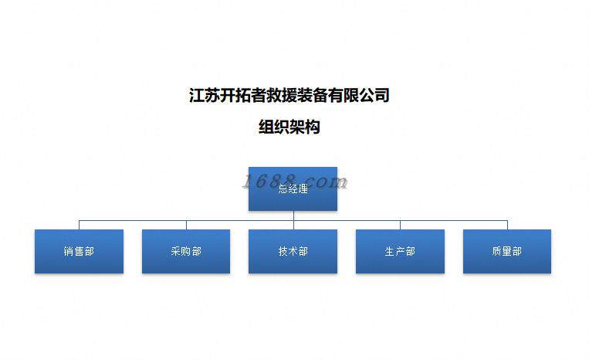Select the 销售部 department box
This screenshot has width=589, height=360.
click(x=79, y=251)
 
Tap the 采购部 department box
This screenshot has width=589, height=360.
click(x=186, y=251)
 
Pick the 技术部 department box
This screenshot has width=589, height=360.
click(x=293, y=251)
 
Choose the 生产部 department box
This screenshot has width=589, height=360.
click(x=400, y=251)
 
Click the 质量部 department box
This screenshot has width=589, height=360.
click(x=506, y=251)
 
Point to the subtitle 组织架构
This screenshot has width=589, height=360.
click(x=289, y=127)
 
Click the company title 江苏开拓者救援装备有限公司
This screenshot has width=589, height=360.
click(x=289, y=96)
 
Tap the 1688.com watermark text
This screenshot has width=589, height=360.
click(x=294, y=182)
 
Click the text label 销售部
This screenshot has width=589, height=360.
click(x=79, y=252)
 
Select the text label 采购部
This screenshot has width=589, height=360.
click(x=186, y=252)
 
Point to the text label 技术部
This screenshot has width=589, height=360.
click(x=293, y=252)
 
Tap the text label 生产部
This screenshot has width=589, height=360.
click(x=400, y=252)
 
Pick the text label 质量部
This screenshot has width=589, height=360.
click(x=506, y=252)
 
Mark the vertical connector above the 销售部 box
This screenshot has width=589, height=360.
click(x=79, y=225)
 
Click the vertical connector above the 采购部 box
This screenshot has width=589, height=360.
click(x=186, y=225)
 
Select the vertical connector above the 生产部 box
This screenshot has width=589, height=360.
click(x=400, y=225)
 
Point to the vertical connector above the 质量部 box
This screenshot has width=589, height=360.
click(x=507, y=225)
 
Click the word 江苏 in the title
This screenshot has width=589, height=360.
click(x=205, y=96)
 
